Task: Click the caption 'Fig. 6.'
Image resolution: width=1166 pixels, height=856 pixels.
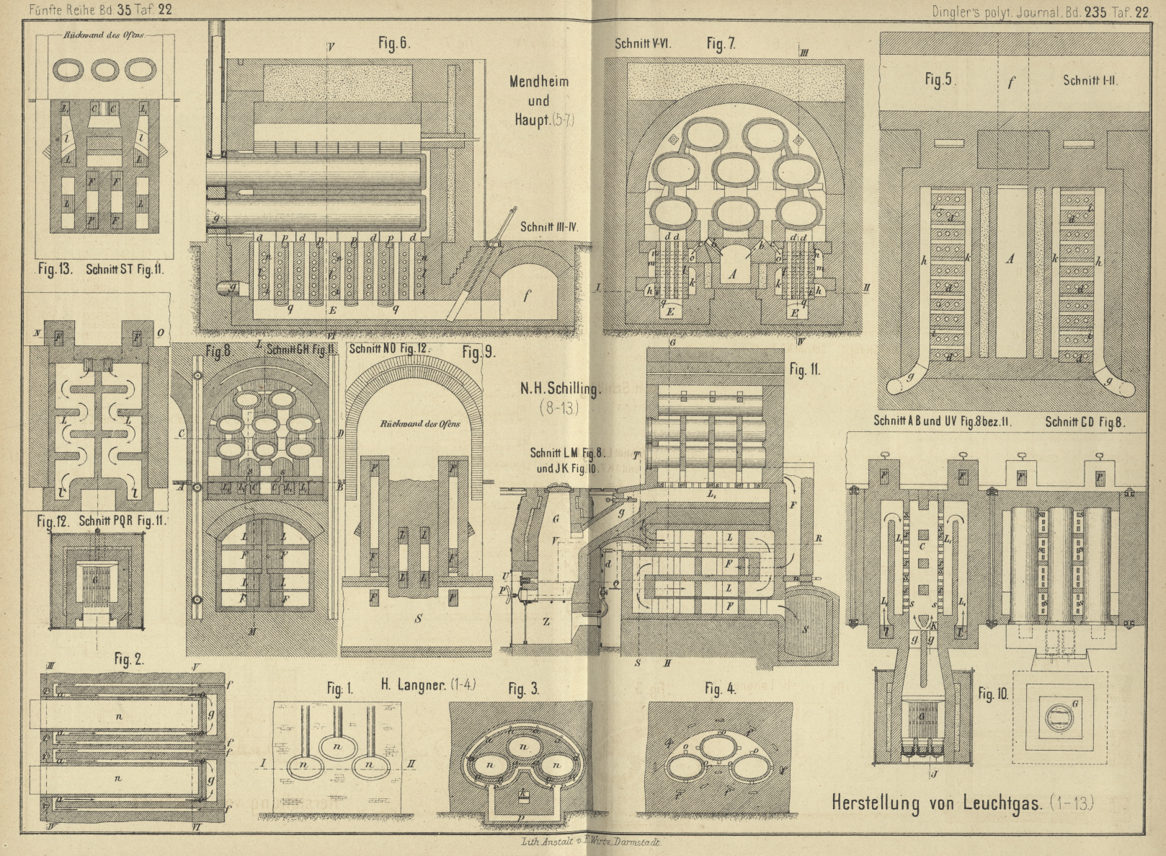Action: [393, 43]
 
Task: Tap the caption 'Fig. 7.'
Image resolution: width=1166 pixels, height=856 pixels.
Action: [721, 44]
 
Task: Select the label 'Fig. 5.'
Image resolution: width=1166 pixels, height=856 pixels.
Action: [940, 80]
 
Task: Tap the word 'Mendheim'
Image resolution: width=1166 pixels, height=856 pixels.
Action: [538, 81]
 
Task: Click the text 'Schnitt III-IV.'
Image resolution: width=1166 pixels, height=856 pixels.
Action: [553, 226]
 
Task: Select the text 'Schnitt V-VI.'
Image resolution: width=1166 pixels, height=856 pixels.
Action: [643, 43]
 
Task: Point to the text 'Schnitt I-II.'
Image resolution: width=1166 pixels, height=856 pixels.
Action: [1090, 80]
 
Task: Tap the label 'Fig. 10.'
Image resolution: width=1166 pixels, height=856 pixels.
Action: [993, 695]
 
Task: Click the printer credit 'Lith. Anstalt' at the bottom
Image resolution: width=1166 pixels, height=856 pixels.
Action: [546, 842]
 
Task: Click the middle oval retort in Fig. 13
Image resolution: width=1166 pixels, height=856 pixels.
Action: [104, 70]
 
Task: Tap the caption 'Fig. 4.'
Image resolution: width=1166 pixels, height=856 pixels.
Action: [720, 689]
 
